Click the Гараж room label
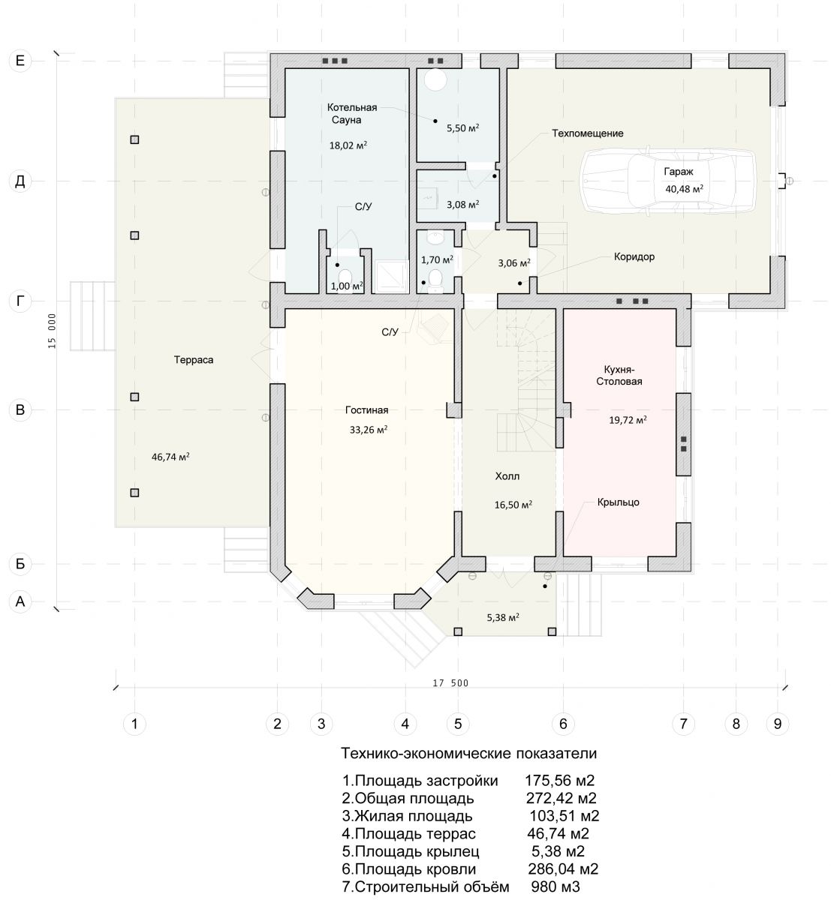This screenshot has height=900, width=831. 678,172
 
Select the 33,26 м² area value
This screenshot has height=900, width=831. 369,429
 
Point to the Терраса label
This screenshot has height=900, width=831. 193,360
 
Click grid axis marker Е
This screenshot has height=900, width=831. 20,61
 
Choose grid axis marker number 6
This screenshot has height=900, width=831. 563,723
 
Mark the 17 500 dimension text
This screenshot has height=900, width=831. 450,683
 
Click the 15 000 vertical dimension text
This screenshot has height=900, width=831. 52,331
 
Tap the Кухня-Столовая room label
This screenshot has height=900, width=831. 619,375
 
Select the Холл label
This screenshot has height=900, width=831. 507,476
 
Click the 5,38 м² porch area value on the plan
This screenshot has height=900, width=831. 503,617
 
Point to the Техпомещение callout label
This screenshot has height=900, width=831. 588,133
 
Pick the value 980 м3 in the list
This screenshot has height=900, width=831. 556,886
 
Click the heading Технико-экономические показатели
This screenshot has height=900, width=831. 468,753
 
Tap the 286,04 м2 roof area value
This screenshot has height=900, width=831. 563,868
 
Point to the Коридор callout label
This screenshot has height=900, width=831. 634,256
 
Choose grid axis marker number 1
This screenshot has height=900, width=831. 134,723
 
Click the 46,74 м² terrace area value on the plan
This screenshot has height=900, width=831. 170,457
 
